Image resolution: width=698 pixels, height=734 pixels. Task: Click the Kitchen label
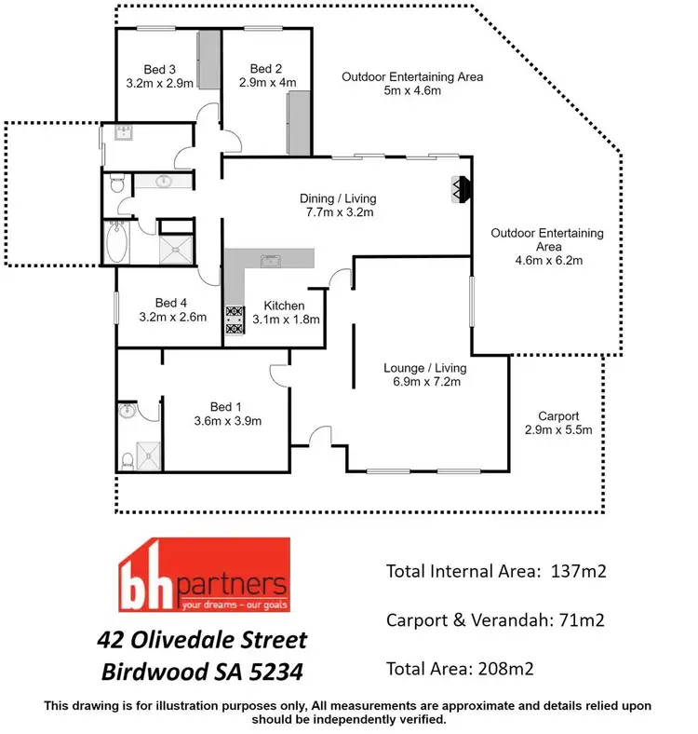(285, 306)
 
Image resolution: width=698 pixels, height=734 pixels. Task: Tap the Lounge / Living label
(423, 367)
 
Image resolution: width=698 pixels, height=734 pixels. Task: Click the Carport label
(558, 416)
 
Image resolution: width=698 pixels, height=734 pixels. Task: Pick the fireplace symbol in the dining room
(459, 189)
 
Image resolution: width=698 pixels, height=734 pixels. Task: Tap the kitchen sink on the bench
(271, 260)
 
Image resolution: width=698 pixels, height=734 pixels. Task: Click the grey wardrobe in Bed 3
(208, 61)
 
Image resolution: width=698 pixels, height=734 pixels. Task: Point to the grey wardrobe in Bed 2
(298, 123)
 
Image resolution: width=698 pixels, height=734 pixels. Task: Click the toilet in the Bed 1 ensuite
(128, 458)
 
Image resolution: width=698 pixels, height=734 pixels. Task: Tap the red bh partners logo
(203, 579)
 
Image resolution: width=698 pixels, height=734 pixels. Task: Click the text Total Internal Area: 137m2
(496, 571)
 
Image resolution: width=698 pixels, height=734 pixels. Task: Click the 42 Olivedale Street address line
(203, 641)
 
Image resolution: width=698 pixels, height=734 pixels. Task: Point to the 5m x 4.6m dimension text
(412, 91)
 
